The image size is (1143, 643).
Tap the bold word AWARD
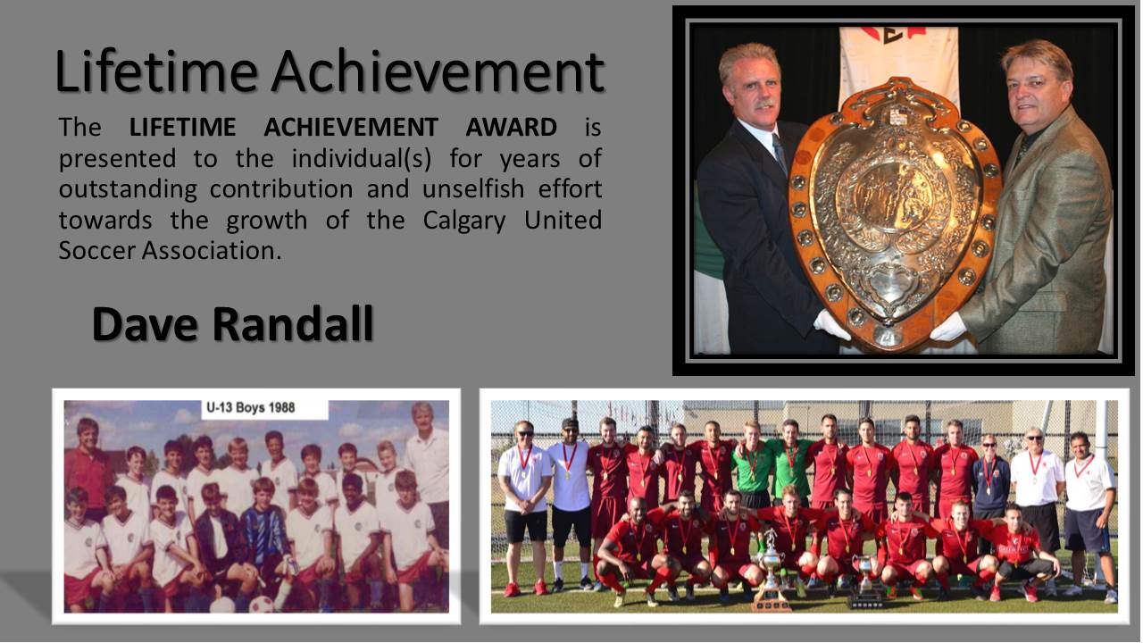tap(511, 127)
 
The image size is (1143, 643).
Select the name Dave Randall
tap(233, 323)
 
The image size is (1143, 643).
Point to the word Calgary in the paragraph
tap(463, 221)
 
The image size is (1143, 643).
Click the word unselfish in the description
tap(473, 188)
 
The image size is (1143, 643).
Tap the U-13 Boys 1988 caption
tap(251, 408)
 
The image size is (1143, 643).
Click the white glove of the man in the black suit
tap(831, 324)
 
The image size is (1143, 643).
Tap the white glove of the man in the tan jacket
tap(948, 327)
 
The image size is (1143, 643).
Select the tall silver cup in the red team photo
tap(770, 572)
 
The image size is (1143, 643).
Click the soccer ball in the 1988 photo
tap(262, 605)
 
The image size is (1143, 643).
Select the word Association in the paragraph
tap(212, 251)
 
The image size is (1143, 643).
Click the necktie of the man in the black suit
tap(780, 152)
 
